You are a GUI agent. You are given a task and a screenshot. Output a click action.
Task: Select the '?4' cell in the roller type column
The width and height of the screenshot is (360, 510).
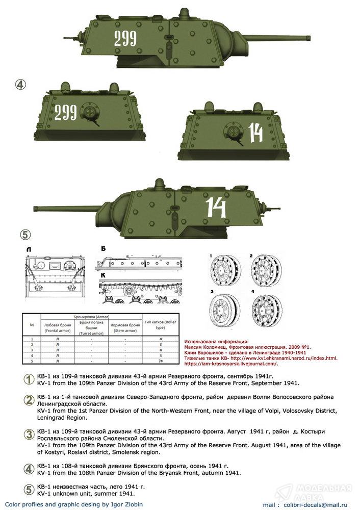tap(161, 362)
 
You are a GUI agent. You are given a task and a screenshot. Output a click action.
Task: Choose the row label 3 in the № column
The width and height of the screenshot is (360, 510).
tap(32, 350)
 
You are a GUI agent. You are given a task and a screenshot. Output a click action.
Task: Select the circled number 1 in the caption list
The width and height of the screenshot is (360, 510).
tap(30, 379)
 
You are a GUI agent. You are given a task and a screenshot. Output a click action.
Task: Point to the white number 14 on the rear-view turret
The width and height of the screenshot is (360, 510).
tap(255, 133)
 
